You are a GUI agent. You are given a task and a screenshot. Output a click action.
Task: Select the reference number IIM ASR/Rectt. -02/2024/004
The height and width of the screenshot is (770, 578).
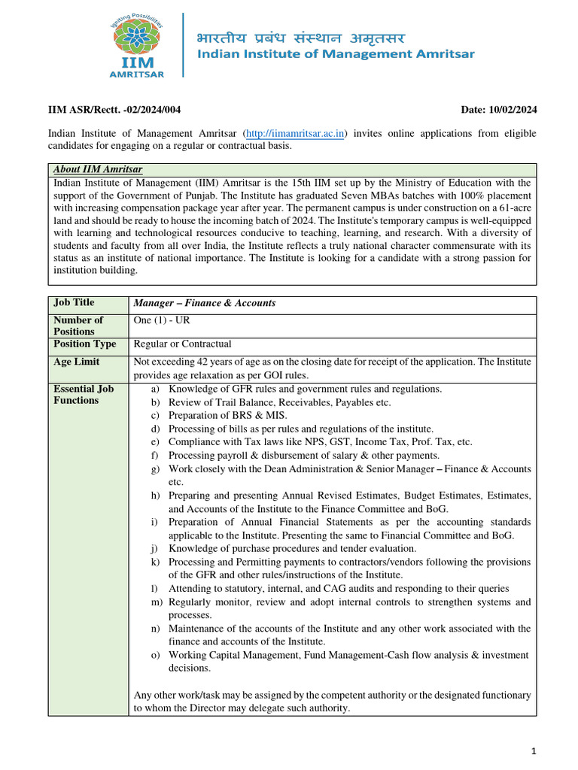114,111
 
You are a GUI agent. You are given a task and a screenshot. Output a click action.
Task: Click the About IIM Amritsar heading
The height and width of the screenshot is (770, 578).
98,170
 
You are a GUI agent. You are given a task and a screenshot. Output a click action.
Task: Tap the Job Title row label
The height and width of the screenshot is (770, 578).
74,302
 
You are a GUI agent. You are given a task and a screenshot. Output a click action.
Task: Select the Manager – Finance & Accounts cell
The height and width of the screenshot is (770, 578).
204,303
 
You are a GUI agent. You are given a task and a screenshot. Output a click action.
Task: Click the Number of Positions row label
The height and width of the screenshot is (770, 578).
78,325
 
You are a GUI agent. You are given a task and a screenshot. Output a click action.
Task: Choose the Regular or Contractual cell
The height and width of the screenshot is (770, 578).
182,344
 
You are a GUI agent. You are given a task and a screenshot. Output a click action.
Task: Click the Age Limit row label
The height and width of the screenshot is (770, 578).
76,362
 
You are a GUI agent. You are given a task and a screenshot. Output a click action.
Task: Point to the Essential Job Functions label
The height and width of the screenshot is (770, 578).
84,395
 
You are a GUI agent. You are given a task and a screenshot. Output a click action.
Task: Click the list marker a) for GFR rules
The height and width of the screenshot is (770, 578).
155,390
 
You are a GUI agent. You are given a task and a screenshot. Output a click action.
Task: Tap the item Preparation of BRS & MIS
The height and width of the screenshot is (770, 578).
227,416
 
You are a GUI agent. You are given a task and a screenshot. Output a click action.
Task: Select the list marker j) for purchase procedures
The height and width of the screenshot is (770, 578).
154,548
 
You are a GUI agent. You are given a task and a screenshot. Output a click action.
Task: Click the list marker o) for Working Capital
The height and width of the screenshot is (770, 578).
155,655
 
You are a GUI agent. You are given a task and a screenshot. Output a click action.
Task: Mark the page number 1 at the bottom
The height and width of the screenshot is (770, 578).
533,750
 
